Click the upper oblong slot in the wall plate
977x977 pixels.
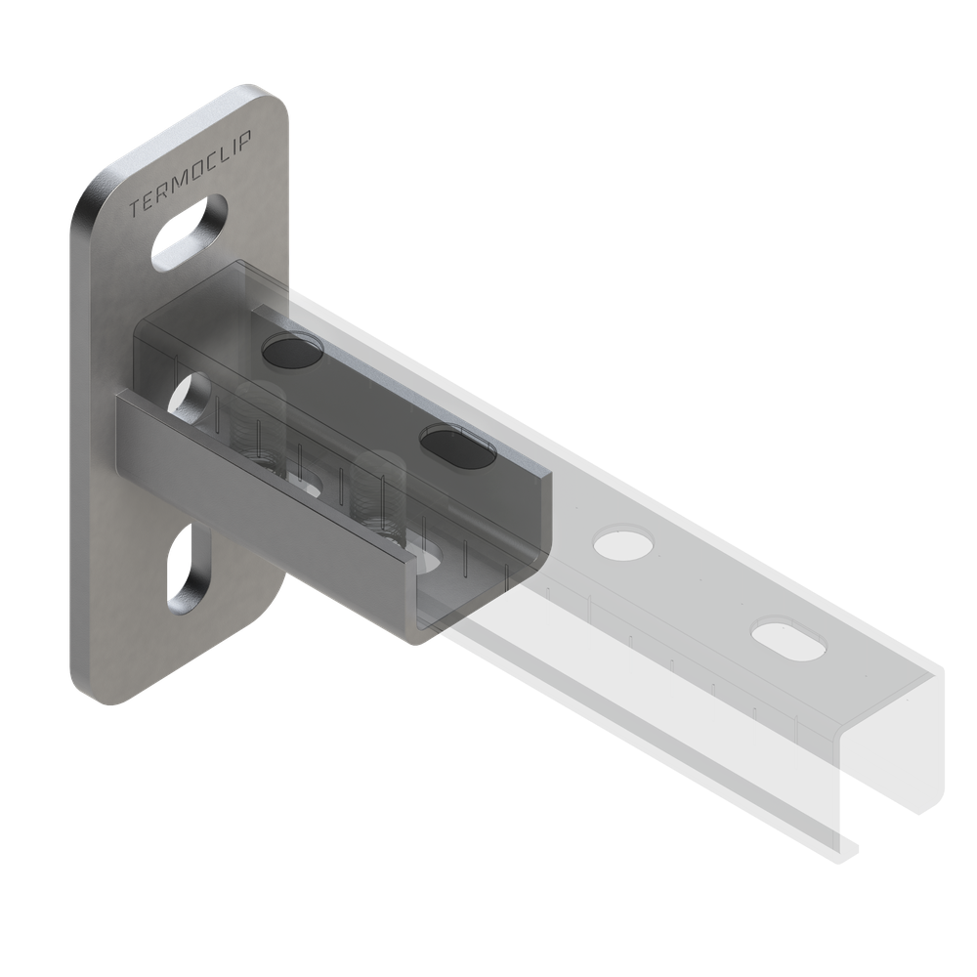[x=190, y=231]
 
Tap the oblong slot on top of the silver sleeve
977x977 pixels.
[x=456, y=445]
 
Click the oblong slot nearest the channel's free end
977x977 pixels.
[x=788, y=634]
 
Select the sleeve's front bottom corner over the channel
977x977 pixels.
[x=415, y=635]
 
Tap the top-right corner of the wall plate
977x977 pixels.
[x=278, y=98]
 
